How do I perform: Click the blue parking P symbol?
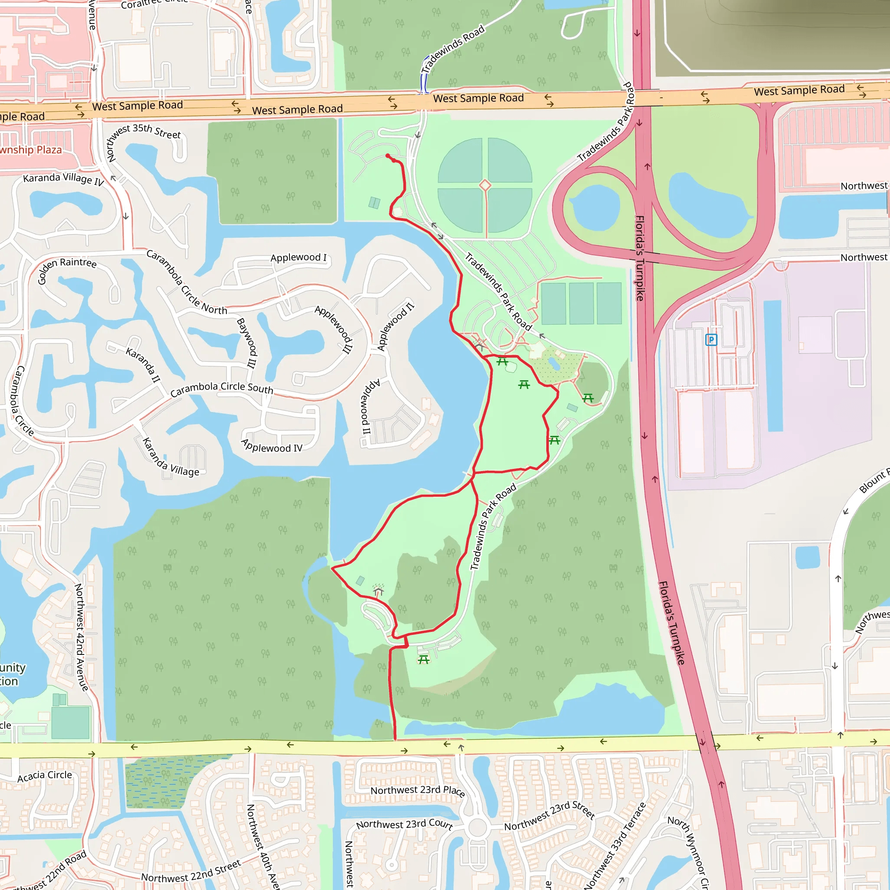pyautogui.click(x=711, y=340)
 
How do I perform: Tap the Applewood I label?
pyautogui.click(x=299, y=258)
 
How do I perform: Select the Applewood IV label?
pyautogui.click(x=272, y=446)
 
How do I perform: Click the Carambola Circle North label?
pyautogui.click(x=186, y=282)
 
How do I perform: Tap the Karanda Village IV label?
pyautogui.click(x=63, y=179)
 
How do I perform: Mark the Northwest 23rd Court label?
pyautogui.click(x=405, y=824)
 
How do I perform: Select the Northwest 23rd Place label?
pyautogui.click(x=418, y=790)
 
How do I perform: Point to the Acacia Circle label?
pyautogui.click(x=45, y=776)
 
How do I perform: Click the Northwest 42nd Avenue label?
pyautogui.click(x=81, y=638)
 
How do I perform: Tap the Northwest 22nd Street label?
pyautogui.click(x=191, y=870)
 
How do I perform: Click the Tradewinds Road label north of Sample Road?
pyautogui.click(x=453, y=48)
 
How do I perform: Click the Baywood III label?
pyautogui.click(x=246, y=343)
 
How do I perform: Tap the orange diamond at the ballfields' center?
pyautogui.click(x=485, y=185)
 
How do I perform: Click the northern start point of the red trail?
pyautogui.click(x=388, y=156)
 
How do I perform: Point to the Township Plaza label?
pyautogui.click(x=30, y=150)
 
